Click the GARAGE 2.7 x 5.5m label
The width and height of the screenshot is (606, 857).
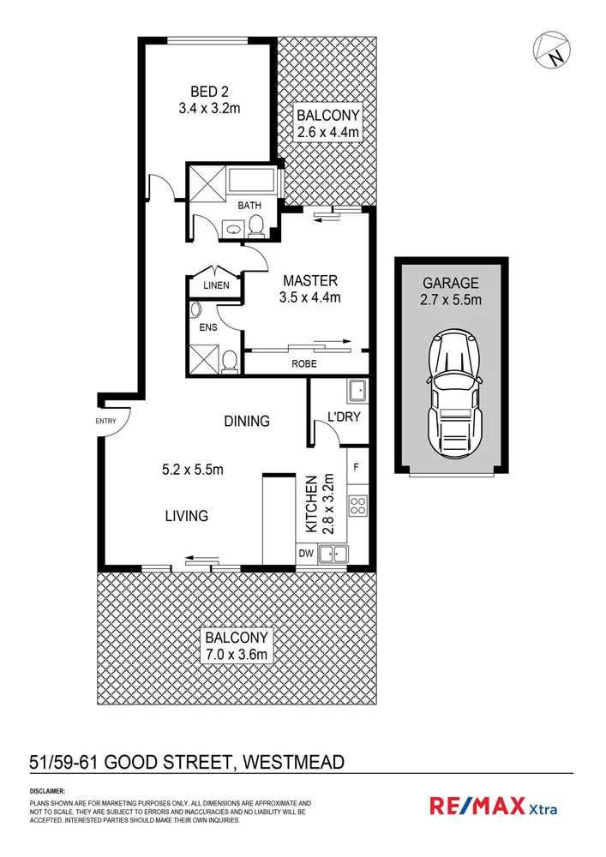[x=451, y=291]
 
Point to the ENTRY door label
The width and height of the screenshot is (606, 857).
[x=106, y=420]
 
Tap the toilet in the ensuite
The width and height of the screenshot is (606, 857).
[x=229, y=362]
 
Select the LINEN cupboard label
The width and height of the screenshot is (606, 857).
[x=215, y=285]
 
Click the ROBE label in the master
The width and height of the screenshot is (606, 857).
[x=304, y=363]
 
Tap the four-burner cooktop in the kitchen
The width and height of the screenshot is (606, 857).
[x=357, y=506]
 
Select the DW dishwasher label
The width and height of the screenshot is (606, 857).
[x=306, y=554]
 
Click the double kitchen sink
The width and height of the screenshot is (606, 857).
[x=332, y=554]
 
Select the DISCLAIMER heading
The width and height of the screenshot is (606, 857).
[x=47, y=790]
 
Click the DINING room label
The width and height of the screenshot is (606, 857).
[x=247, y=421]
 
